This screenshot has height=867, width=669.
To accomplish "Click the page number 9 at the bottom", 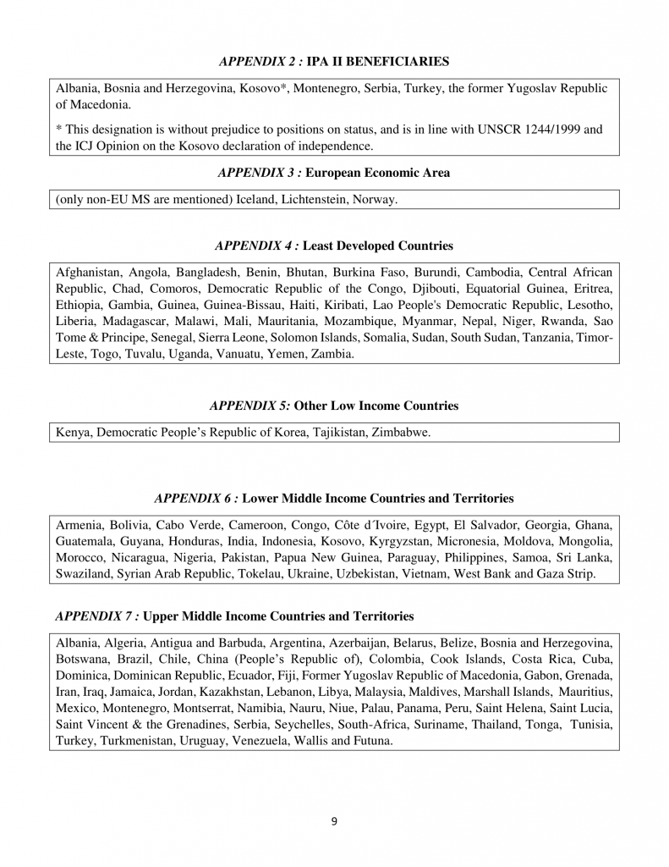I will click(334, 820).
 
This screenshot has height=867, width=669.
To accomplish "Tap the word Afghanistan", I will click(88, 273).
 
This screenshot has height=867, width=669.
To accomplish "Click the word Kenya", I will click(73, 433).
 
